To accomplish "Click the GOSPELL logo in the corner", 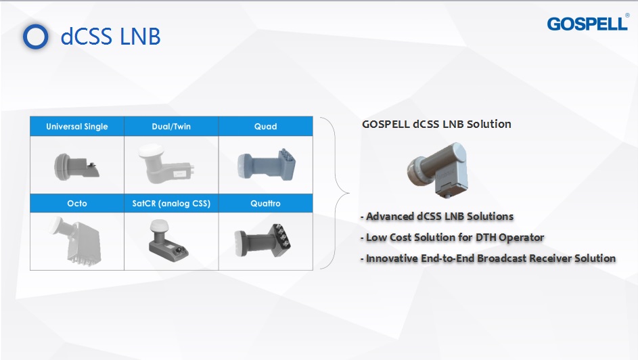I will [587, 24].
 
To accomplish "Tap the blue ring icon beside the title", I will [35, 36].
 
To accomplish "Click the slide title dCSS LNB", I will [110, 36].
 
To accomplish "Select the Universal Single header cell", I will [76, 127].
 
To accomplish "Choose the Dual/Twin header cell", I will [171, 127].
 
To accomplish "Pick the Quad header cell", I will [265, 127].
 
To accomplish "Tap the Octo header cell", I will [76, 203].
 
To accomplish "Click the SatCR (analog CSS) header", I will [171, 203].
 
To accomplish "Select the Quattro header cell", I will [265, 203].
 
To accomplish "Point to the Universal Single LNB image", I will [76, 164].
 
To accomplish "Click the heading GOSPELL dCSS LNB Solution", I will [436, 124].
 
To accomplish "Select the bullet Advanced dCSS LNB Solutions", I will [439, 217].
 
